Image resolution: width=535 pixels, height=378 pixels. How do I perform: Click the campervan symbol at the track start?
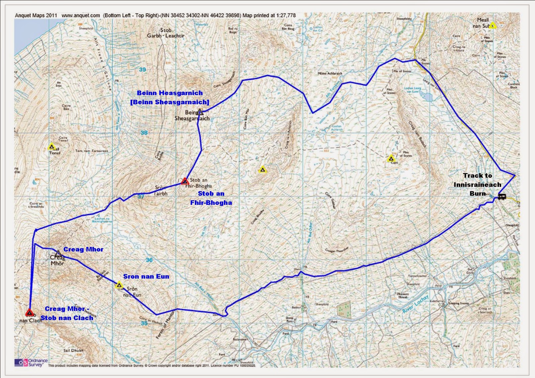[x=502, y=197]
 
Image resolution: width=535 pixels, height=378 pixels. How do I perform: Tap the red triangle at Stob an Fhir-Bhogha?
[x=185, y=181]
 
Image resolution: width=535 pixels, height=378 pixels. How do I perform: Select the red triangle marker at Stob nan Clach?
[x=29, y=313]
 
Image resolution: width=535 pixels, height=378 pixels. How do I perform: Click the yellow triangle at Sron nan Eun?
[x=119, y=285]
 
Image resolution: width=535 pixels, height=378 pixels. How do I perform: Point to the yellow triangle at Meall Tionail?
[x=51, y=146]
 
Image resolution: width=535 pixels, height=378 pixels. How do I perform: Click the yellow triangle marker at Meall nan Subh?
[x=493, y=25]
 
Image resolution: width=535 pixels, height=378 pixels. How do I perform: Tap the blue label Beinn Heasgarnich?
[x=170, y=93]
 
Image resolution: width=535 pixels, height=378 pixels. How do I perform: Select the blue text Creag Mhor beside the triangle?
[x=83, y=249]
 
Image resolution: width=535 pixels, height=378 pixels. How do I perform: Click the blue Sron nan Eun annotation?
[x=146, y=276]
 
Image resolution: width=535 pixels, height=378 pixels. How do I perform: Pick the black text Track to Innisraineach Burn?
[x=477, y=184]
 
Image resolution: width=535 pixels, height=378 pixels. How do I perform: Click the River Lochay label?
[x=415, y=304]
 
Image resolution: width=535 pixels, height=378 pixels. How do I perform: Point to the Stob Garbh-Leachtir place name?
[x=166, y=33]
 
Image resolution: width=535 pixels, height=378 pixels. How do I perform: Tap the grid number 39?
[x=142, y=70]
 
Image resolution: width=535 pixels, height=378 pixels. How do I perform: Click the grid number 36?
[x=149, y=260]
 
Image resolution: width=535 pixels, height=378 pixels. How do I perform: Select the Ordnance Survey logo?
[x=31, y=362]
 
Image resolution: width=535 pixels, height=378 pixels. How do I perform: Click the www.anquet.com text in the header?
[x=81, y=15]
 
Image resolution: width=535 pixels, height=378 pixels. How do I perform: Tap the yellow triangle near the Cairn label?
[x=391, y=159]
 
